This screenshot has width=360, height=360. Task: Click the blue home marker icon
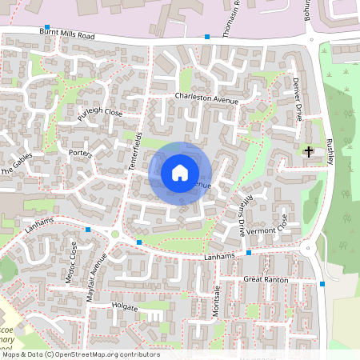coord(180,172)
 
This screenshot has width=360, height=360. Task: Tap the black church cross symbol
coord(310,151)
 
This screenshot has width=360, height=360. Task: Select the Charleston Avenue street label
coord(207,100)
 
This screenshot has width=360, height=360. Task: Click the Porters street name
coord(81,153)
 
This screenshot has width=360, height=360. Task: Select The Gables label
coord(18,166)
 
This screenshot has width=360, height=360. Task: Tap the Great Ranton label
coord(265,279)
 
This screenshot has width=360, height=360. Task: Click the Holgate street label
coord(125,306)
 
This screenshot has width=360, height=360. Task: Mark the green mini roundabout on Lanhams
coord(114,234)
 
